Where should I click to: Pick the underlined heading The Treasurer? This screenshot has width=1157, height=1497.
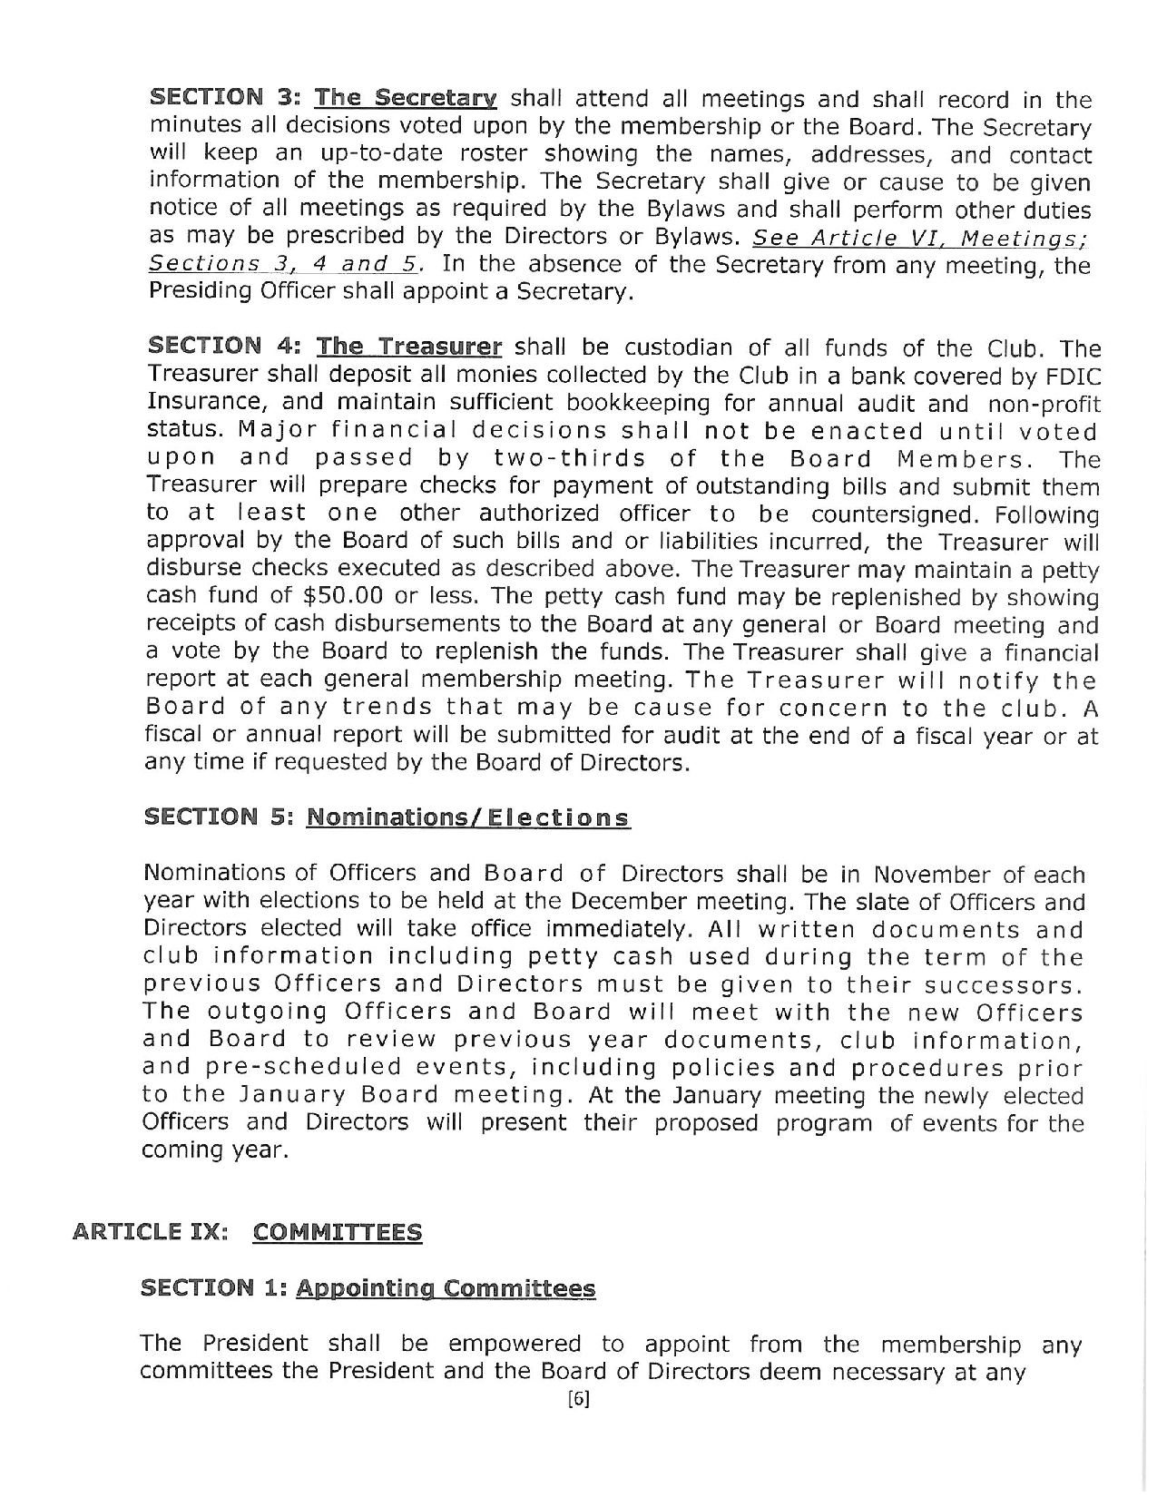coord(408,347)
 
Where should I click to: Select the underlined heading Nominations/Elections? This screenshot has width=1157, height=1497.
coord(468,817)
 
